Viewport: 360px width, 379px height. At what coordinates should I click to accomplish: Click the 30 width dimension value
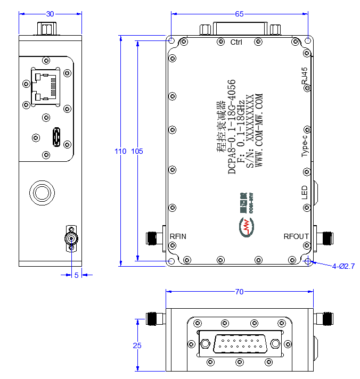tap(50, 14)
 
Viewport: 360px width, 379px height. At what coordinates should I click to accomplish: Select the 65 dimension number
tap(239, 14)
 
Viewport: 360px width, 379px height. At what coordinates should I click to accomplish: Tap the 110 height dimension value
tap(120, 151)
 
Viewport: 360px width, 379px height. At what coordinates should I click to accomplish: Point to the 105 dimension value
tap(137, 151)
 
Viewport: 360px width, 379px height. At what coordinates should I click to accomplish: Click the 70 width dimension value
tap(239, 292)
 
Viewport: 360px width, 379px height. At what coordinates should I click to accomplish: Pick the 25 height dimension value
tap(137, 345)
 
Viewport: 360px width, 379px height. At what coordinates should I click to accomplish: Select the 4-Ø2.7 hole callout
tap(343, 266)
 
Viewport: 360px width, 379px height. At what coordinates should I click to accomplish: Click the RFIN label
tap(178, 236)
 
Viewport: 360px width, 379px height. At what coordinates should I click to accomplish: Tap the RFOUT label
tap(296, 236)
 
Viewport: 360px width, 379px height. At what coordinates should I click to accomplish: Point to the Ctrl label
tap(236, 42)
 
